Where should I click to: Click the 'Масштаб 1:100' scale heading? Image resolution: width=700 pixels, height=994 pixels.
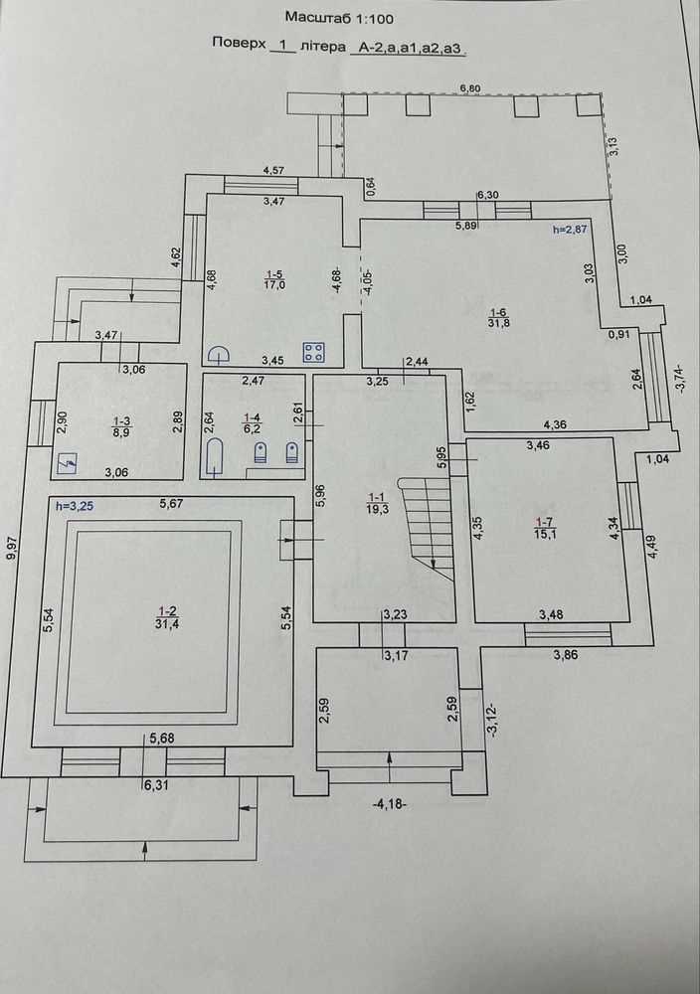click(x=339, y=18)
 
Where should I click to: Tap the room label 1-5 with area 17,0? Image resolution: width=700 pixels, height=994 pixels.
click(x=274, y=279)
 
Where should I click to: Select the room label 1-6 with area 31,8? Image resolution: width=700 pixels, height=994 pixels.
click(x=499, y=317)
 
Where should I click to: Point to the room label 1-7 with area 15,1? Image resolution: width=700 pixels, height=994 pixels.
click(x=545, y=528)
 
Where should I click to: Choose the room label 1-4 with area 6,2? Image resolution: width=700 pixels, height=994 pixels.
click(x=252, y=422)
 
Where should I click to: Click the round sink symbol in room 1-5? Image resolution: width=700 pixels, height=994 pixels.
click(x=220, y=354)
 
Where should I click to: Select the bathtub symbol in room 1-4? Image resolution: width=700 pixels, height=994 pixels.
click(x=215, y=456)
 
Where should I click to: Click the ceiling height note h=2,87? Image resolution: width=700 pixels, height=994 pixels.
click(x=570, y=230)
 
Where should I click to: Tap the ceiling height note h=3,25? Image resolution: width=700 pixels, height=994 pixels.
click(x=75, y=506)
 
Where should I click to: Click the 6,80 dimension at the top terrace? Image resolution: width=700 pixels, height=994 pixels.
click(x=470, y=88)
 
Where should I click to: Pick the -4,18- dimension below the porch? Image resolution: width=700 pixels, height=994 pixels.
click(x=390, y=804)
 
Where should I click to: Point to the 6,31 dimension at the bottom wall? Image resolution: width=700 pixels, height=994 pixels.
click(x=155, y=785)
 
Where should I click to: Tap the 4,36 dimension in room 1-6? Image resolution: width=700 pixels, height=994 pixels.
click(x=556, y=426)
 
